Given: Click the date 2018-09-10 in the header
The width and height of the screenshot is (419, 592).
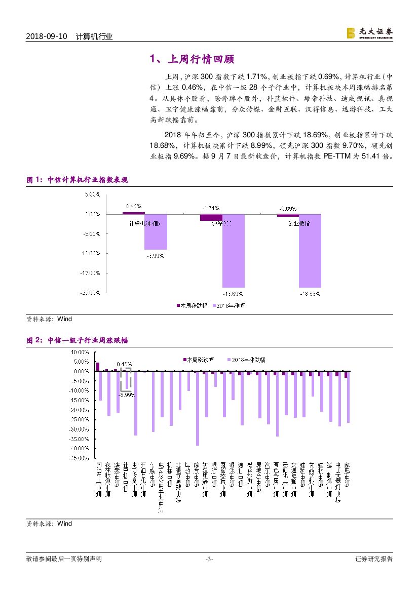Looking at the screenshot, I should [47, 36].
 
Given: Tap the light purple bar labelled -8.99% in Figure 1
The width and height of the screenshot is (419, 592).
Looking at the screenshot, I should [156, 231].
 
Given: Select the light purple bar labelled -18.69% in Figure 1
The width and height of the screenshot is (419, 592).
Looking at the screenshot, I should [233, 251].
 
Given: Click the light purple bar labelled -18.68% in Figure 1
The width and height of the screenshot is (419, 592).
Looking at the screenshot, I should [310, 251].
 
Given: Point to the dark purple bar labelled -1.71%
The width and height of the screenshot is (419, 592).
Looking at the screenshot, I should [211, 217].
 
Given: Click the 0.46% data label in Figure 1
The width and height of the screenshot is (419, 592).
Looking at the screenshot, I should [133, 206].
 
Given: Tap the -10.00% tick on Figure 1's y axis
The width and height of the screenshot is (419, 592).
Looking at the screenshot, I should [92, 253].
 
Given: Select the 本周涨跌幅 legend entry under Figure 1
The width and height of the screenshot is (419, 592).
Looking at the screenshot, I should [190, 305].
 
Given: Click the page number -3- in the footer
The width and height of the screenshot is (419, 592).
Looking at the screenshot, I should [209, 559].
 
